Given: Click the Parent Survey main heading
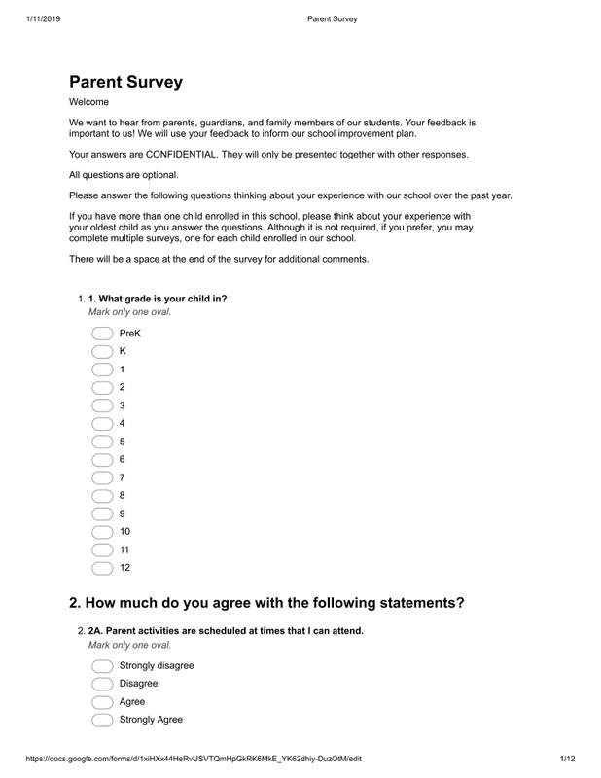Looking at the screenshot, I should point(125,83).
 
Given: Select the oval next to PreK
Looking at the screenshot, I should point(102,334).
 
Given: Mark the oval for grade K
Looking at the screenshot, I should point(102,351).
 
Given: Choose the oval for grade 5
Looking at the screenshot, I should point(102,442).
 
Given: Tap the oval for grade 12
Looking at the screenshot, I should point(102,568).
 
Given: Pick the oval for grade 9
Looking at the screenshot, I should point(102,513).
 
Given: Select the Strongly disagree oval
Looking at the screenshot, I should point(102,666).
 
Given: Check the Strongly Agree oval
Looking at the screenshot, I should point(102,721).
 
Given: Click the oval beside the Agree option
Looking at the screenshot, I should point(102,702).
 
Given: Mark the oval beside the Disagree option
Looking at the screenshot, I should point(102,684).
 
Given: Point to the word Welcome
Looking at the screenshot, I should point(88,101).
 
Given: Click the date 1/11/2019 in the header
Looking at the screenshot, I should point(38,18).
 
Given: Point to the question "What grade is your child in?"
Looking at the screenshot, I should point(158,299).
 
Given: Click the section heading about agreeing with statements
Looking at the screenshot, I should point(266,603).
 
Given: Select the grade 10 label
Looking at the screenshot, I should point(124,532).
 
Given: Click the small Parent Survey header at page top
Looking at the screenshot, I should point(332,18).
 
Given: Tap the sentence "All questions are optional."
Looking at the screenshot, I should point(124,175).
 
